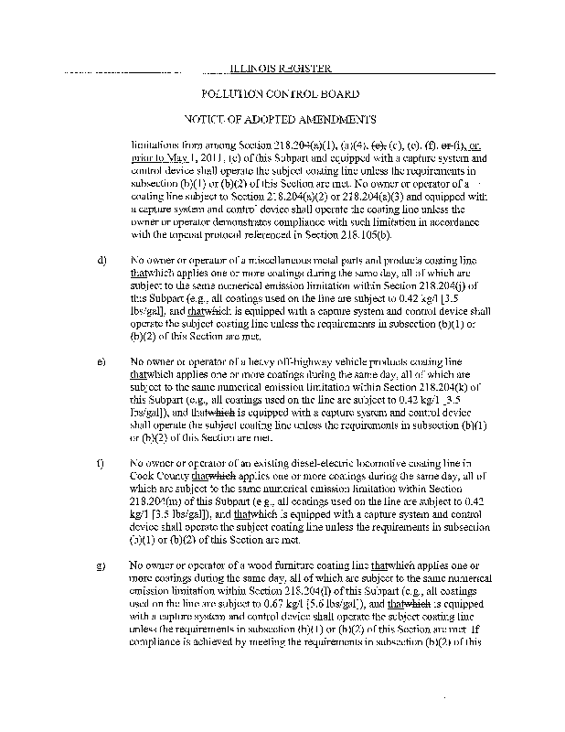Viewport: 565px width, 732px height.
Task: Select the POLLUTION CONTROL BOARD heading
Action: [x=280, y=94]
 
